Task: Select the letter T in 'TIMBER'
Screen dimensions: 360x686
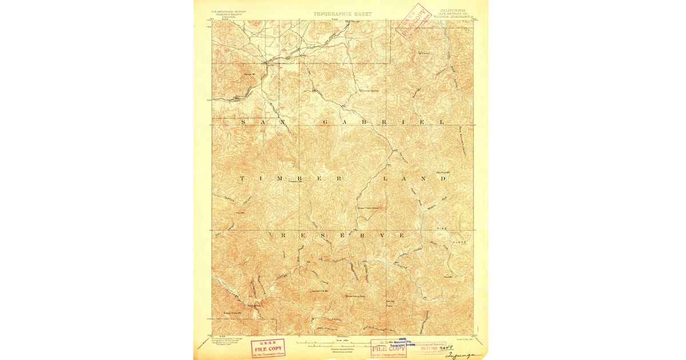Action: (x=242, y=178)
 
